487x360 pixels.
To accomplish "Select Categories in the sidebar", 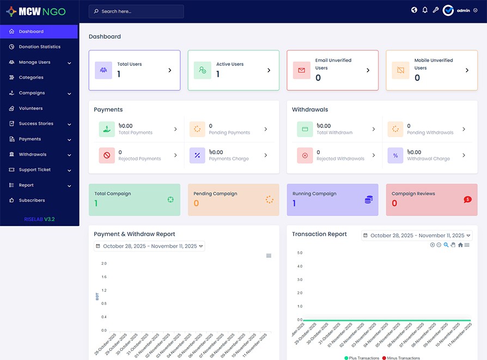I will click(x=31, y=77).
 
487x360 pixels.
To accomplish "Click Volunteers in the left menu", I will click(x=31, y=108).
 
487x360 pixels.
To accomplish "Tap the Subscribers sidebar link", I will click(x=32, y=200).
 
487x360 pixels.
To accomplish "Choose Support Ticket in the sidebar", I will click(x=34, y=170).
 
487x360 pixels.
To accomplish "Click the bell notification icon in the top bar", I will click(x=425, y=10).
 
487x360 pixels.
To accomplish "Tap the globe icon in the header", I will click(x=414, y=10).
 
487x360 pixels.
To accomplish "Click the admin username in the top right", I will click(x=463, y=10).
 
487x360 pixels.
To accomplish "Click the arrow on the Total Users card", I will click(x=170, y=70).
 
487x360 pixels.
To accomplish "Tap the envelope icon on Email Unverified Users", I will click(x=301, y=70).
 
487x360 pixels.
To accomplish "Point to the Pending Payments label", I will click(x=229, y=133).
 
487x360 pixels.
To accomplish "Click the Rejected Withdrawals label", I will click(x=340, y=159).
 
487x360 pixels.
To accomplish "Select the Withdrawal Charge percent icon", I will click(x=395, y=156).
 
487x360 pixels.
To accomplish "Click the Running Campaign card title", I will click(x=314, y=194).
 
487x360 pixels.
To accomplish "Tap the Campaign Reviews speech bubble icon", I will click(x=467, y=200).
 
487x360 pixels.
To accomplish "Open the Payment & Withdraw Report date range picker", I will click(x=149, y=246).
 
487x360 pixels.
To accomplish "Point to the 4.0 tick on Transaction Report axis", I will click(x=299, y=266).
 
